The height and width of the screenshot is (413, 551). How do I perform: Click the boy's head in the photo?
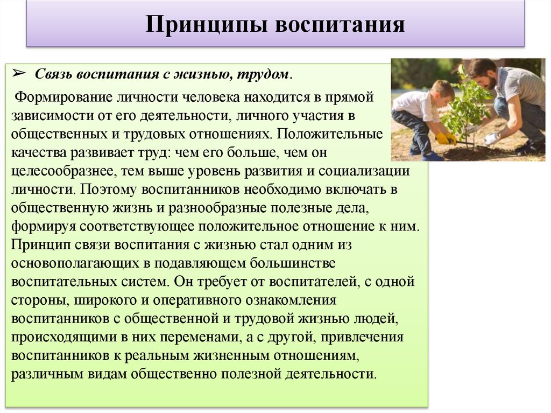[x=442, y=92]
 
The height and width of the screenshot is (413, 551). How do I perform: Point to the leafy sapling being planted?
[x=464, y=102]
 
